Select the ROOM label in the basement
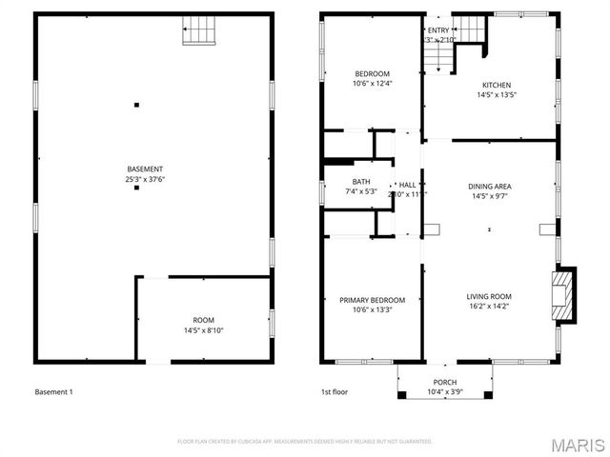click(203, 320)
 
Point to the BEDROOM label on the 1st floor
click(372, 73)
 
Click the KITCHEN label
click(497, 85)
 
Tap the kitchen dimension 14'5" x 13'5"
click(497, 95)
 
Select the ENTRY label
click(438, 30)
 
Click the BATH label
click(361, 181)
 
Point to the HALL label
click(407, 185)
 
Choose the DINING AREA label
click(487, 187)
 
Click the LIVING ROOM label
click(488, 296)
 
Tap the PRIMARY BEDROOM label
click(372, 300)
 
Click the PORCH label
click(444, 383)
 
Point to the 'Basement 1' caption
click(53, 392)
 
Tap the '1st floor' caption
click(334, 392)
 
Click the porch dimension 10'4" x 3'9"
click(444, 392)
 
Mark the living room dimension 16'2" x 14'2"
click(488, 307)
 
